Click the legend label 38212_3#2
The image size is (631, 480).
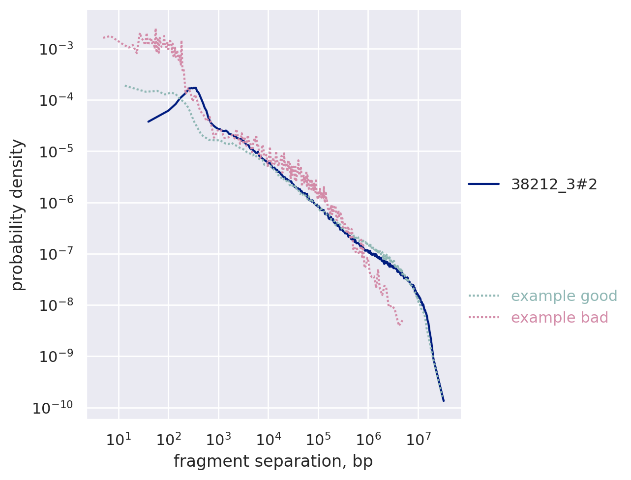[x=554, y=184]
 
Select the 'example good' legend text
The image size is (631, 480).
[x=564, y=296]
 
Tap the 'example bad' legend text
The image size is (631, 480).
[x=559, y=318]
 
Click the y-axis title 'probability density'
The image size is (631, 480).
[x=18, y=215]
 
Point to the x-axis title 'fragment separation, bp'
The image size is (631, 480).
[x=273, y=462]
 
